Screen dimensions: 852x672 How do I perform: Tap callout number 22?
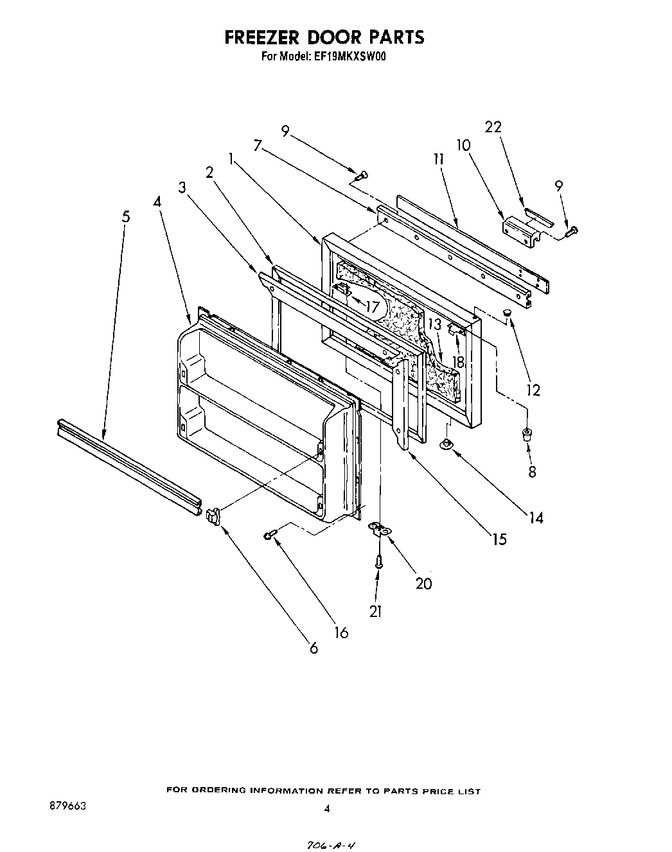coord(493,127)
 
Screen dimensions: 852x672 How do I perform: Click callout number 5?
coord(126,216)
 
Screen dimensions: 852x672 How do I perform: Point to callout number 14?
coord(536,517)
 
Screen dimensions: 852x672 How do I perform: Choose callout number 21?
coord(376,611)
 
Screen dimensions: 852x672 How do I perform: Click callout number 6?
coord(314,648)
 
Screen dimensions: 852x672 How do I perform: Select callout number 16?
coord(341,633)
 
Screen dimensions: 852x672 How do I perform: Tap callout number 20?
coord(423,583)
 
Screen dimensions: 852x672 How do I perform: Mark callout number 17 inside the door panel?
coord(372,306)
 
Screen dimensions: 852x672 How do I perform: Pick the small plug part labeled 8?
coord(527,434)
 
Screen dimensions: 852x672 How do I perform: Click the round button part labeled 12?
coord(507,313)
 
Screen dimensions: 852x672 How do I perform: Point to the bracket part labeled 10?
coord(520,229)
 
